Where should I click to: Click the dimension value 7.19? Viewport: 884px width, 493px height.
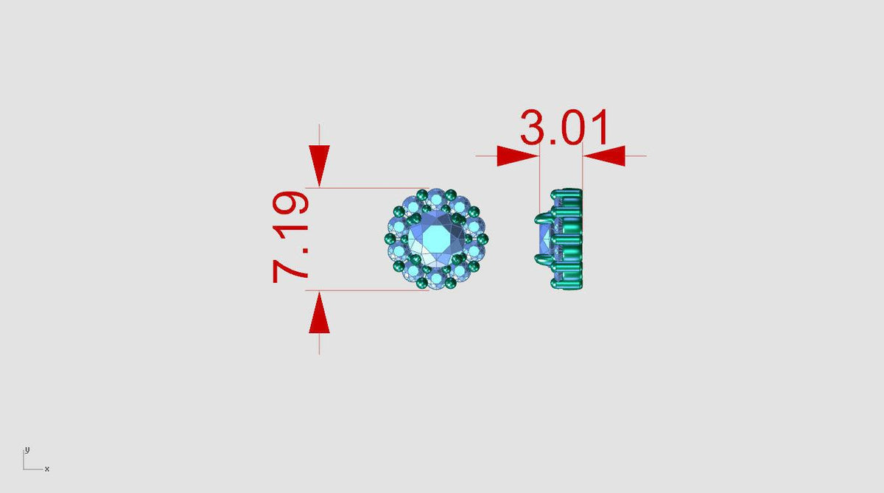click(x=290, y=237)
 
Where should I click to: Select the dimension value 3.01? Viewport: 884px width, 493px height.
click(x=564, y=127)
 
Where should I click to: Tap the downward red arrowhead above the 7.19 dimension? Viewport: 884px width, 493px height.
click(x=319, y=165)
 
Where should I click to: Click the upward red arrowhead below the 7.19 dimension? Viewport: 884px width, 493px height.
click(x=319, y=312)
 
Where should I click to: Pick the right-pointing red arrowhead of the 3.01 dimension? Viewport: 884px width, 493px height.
click(x=518, y=156)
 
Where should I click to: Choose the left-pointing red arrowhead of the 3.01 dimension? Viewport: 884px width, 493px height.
click(x=604, y=156)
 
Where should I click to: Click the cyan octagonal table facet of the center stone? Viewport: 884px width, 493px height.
click(x=436, y=239)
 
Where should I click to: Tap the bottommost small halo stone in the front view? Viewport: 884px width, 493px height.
click(x=436, y=281)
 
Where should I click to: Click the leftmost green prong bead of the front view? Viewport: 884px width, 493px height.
click(x=390, y=239)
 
